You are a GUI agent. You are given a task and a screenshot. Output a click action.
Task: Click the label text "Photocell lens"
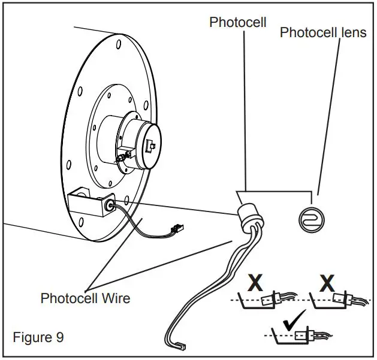323,32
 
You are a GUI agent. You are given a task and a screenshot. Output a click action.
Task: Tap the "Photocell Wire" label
85,298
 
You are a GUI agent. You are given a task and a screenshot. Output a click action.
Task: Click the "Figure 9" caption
38,337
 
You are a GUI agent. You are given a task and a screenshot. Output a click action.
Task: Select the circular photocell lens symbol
311,220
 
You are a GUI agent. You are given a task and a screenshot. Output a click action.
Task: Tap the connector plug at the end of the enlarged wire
182,346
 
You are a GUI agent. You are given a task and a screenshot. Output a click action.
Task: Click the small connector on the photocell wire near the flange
177,228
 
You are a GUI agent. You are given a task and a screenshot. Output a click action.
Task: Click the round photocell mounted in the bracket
110,205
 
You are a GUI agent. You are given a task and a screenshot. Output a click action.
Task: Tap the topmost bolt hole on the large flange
119,44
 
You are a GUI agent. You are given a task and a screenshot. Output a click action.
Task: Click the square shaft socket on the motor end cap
150,146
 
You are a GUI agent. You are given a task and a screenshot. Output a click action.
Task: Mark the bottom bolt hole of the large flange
82,222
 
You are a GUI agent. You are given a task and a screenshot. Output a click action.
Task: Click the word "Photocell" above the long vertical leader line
238,22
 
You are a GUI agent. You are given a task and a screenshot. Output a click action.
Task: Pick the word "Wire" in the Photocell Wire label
116,298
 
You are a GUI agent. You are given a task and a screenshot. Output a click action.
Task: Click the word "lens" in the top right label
353,32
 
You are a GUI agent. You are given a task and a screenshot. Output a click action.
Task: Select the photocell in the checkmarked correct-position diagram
304,335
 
